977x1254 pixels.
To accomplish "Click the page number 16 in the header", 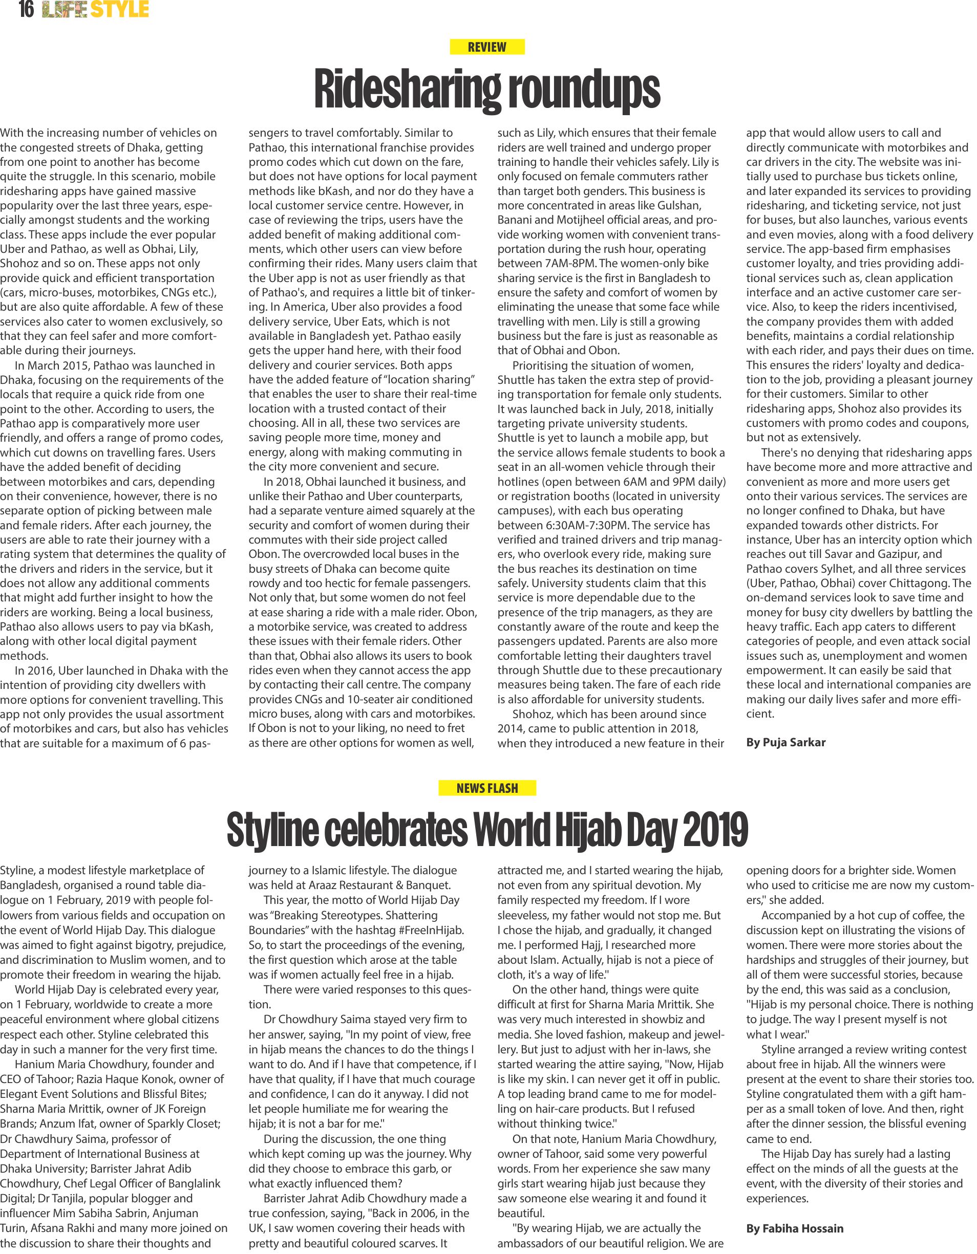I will pyautogui.click(x=26, y=10).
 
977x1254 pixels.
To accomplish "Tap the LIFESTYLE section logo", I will pyautogui.click(x=95, y=10).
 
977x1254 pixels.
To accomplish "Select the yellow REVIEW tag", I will pyautogui.click(x=486, y=47).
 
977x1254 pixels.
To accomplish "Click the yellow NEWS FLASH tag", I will pyautogui.click(x=487, y=788).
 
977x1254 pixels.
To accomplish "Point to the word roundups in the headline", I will pyautogui.click(x=583, y=90).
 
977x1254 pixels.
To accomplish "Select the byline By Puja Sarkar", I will pyautogui.click(x=785, y=742).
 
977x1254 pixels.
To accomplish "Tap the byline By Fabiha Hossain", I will pyautogui.click(x=795, y=1228).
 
